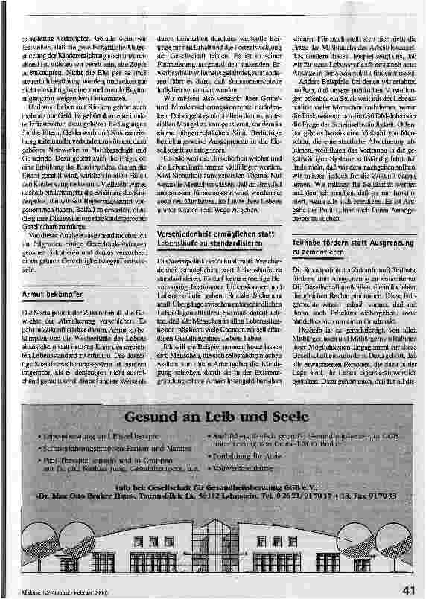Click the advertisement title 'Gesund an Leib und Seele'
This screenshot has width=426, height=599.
click(x=212, y=415)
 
